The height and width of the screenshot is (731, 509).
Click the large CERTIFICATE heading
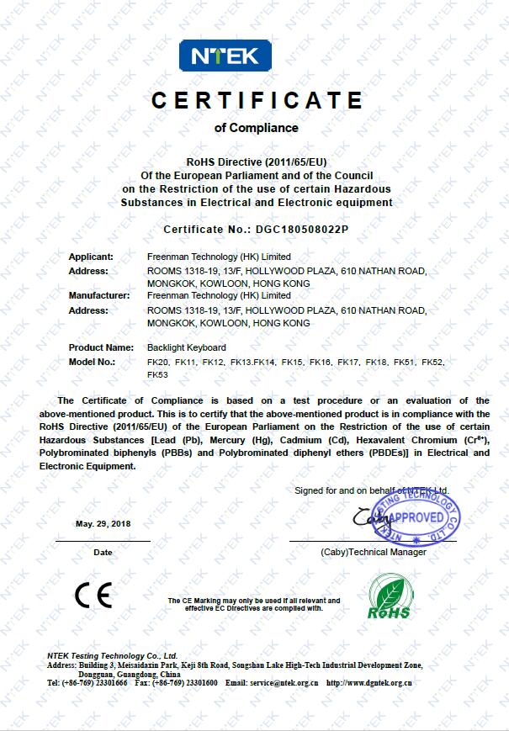[257, 101]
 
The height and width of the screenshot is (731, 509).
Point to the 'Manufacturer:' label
[98, 295]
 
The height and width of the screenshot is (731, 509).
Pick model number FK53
[157, 374]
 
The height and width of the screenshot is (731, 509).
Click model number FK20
[157, 362]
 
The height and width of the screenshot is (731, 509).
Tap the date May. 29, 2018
[103, 523]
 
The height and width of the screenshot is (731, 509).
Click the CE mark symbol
[93, 595]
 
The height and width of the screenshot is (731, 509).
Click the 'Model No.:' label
[91, 362]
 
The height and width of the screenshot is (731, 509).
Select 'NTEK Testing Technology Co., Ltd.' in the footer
[112, 654]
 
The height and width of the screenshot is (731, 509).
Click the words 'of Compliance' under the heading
[257, 128]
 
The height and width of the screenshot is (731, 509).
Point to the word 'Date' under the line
[103, 553]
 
